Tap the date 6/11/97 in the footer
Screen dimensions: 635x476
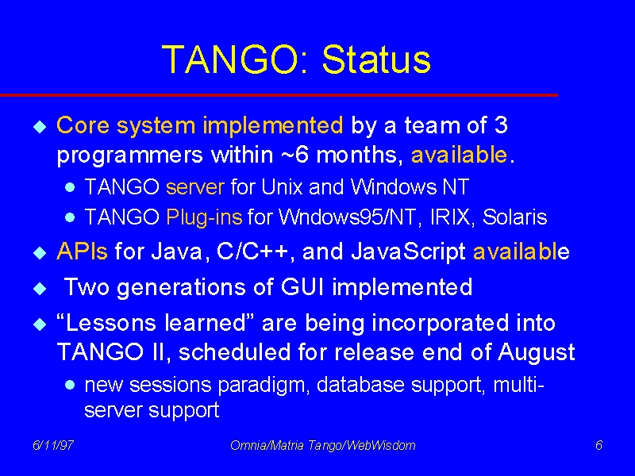click(x=53, y=445)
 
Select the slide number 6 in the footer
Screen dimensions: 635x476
click(x=598, y=445)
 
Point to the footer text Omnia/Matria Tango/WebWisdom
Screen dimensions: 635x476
click(x=323, y=445)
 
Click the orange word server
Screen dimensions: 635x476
click(x=195, y=187)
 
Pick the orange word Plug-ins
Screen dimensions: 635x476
click(x=204, y=217)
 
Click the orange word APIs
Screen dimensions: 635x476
click(x=83, y=251)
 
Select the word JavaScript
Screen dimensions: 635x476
click(x=408, y=252)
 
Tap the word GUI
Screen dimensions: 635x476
click(x=303, y=287)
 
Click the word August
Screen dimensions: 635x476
click(x=537, y=352)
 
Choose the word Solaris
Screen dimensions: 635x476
click(x=514, y=217)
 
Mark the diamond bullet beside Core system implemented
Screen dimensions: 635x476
click(x=40, y=127)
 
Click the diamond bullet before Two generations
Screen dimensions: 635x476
click(x=40, y=289)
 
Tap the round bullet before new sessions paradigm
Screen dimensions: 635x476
click(x=70, y=385)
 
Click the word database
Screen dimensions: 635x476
click(x=360, y=384)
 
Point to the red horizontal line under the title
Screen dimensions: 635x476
click(x=279, y=95)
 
